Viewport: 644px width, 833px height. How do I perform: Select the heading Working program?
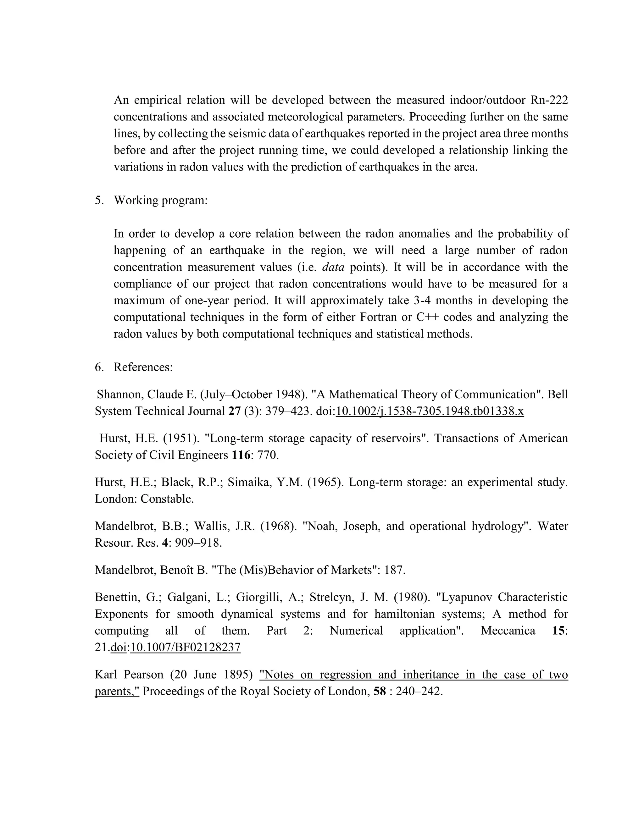pos(161,200)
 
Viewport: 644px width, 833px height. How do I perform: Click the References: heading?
pos(143,367)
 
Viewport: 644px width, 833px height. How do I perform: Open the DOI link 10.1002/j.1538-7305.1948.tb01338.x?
pos(430,411)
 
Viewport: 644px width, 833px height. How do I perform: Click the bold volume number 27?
pos(234,411)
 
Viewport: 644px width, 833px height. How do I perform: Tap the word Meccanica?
pos(508,631)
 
